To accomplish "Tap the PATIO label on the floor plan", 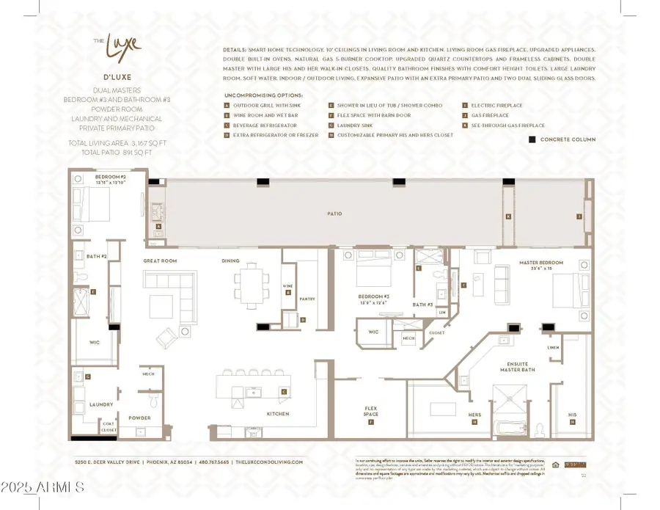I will (x=334, y=214).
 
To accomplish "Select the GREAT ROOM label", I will (x=157, y=261).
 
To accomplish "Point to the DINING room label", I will (x=230, y=261).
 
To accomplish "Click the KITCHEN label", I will (x=278, y=414).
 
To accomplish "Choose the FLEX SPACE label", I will (x=371, y=411).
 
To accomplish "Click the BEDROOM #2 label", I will (x=110, y=178).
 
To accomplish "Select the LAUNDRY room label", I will (x=101, y=404).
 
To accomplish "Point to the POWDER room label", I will (x=139, y=418).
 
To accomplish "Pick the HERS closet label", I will (x=474, y=415).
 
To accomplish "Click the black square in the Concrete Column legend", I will (x=531, y=139).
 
